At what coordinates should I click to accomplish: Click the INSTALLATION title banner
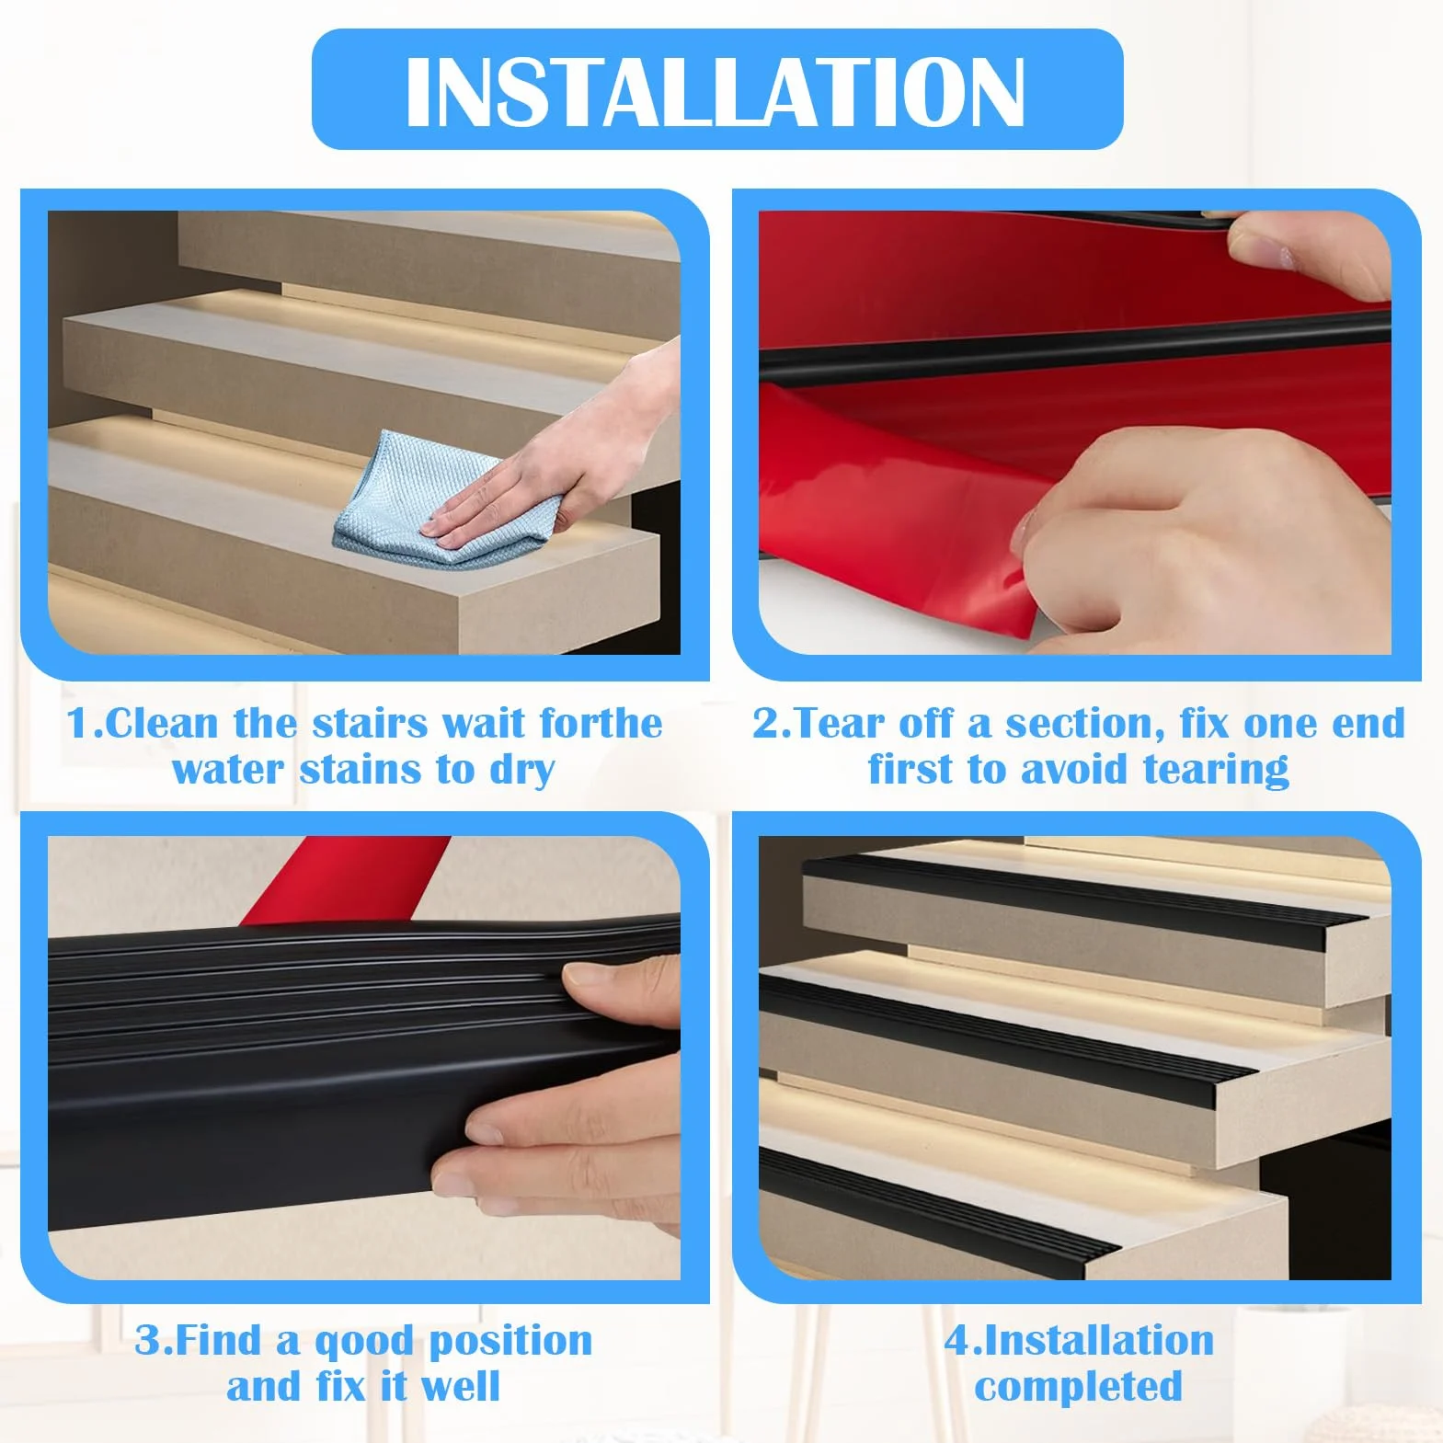[717, 89]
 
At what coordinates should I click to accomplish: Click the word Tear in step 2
[836, 724]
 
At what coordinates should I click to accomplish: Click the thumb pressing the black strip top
[616, 993]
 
